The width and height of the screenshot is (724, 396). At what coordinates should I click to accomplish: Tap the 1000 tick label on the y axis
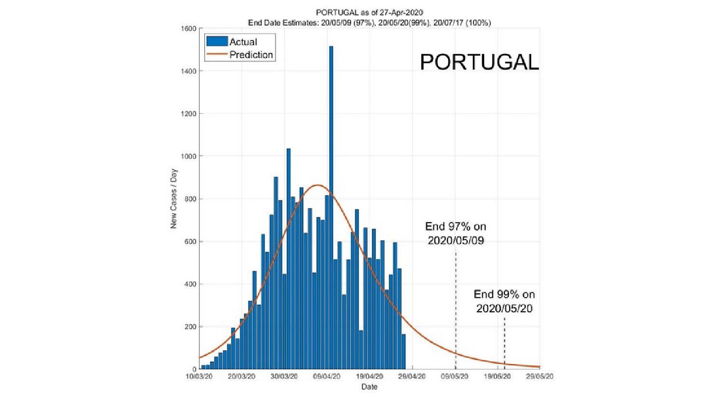coord(189,157)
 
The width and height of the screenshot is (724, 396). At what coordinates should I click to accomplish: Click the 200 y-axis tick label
coord(190,327)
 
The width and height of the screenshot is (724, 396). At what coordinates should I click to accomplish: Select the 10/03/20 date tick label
coord(199,376)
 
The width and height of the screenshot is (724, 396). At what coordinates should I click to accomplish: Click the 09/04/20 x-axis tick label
coord(327,376)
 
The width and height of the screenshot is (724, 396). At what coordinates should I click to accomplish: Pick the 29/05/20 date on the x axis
coord(540,376)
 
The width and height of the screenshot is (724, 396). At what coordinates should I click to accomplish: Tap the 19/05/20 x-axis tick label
coord(497,376)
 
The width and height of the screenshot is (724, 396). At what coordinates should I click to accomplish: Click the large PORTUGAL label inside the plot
coord(479,62)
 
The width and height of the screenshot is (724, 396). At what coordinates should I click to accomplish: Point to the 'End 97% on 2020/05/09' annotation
coord(456,233)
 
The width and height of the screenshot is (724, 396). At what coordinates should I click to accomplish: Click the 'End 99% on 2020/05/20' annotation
coord(504,301)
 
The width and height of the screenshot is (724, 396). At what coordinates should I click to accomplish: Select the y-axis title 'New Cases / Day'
coord(174,198)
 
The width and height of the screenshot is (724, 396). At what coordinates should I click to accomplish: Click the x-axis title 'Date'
coord(369,387)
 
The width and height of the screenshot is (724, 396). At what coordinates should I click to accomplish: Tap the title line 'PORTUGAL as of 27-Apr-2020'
coord(369,13)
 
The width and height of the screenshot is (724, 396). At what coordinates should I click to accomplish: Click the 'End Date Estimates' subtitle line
coord(369,23)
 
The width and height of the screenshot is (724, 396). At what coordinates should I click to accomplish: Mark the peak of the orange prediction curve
coord(317,185)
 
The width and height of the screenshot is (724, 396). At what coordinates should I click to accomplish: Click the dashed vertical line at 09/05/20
coord(456,308)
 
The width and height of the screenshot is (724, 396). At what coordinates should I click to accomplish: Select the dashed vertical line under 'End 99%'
coord(504,342)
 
